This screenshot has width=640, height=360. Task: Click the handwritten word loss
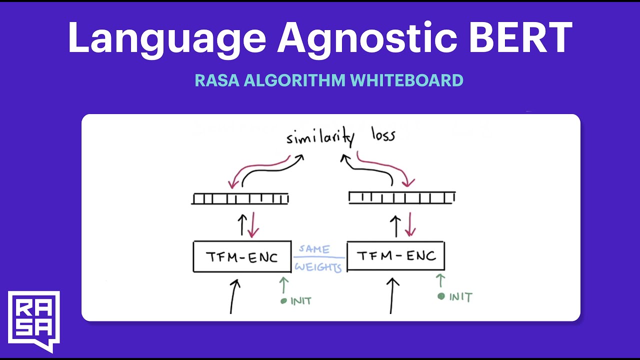(x=383, y=135)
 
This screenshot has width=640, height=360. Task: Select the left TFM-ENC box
(x=242, y=257)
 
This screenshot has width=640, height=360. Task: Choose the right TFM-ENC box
(x=395, y=256)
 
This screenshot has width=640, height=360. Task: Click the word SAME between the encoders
(x=314, y=249)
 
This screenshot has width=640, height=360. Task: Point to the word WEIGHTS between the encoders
(x=318, y=267)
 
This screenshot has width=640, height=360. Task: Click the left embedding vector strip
(x=240, y=199)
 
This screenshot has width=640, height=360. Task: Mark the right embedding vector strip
(x=401, y=197)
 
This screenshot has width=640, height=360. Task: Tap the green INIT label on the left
(x=300, y=301)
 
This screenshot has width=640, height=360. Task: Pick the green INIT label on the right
(x=460, y=297)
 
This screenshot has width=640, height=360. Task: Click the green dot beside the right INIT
(x=441, y=296)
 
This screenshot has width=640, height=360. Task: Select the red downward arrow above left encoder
(x=253, y=225)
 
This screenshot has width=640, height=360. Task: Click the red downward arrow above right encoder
(x=410, y=224)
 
